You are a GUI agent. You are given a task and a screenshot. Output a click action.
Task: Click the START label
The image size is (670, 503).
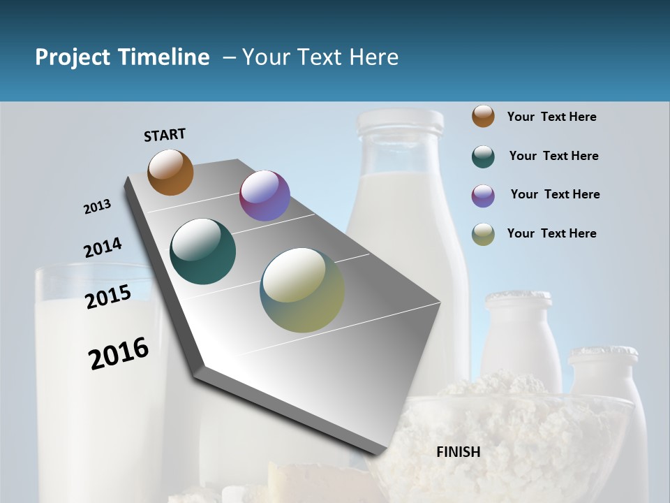(165, 135)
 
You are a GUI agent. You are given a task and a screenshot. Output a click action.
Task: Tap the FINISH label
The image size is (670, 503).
(459, 452)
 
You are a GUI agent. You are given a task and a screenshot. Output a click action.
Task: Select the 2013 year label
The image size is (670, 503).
(97, 207)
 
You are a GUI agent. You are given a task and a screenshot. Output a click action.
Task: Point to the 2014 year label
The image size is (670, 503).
(103, 248)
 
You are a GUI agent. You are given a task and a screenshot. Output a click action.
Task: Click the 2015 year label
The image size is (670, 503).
(108, 297)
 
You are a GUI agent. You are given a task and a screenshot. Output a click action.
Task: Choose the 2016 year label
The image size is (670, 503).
(119, 353)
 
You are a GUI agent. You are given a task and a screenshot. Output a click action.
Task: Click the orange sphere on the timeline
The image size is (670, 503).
(170, 172)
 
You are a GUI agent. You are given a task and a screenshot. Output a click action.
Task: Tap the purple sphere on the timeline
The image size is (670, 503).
(265, 196)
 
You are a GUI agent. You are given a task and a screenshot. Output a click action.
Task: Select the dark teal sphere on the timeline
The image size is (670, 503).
(203, 251)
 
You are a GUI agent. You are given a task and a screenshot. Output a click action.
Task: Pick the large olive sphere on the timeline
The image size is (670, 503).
(302, 290)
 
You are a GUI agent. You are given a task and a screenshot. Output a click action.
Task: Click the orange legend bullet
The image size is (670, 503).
(483, 117)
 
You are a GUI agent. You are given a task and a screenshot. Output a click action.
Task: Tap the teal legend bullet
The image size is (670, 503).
(483, 156)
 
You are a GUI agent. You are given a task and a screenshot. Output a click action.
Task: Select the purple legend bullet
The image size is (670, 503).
(483, 196)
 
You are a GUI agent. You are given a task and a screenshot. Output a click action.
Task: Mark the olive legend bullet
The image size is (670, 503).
(483, 234)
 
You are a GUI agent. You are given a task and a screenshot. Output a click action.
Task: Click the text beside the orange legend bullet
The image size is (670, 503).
(551, 117)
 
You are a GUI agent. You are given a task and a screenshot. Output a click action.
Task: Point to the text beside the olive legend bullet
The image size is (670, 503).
(551, 233)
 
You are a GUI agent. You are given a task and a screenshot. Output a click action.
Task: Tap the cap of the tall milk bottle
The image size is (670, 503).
(400, 122)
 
